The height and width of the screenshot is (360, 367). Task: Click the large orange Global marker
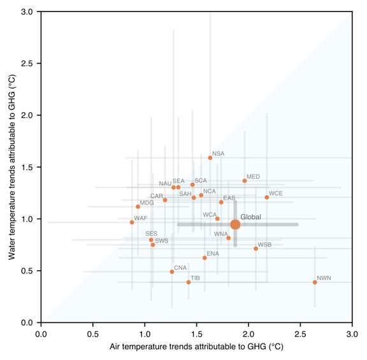point(235,224)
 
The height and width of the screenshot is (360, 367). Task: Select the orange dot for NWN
point(315,282)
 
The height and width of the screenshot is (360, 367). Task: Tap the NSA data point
point(210,158)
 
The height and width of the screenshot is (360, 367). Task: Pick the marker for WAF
point(132,222)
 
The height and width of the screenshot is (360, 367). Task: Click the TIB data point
point(189,282)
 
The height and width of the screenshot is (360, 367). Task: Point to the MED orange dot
point(245,181)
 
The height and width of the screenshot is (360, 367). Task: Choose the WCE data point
point(267,198)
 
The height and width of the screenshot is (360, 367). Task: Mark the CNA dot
point(172,272)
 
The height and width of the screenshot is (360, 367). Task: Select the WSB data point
point(256,248)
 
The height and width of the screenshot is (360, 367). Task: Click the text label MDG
point(147,203)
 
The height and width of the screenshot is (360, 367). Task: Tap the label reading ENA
point(213,254)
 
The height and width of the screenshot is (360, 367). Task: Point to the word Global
point(250,217)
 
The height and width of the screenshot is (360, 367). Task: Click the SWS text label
point(161,241)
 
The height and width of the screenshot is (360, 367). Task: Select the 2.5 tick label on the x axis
point(300,335)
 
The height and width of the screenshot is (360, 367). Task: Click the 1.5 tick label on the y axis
point(27,167)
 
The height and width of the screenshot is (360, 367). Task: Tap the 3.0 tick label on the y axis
point(27,11)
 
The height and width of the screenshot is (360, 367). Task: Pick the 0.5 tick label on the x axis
point(93,335)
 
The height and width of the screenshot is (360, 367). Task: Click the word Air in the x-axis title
point(114,347)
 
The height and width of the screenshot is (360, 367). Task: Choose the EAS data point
point(221,202)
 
